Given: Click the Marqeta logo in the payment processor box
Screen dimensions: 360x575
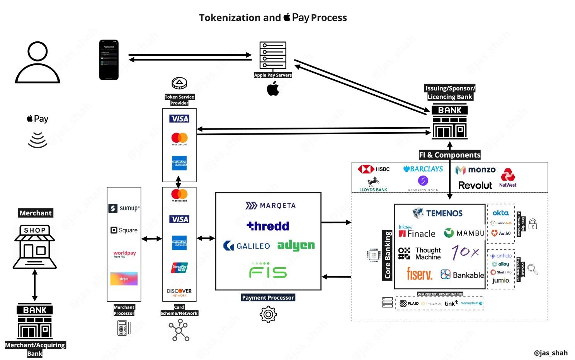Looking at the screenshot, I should [x=270, y=205].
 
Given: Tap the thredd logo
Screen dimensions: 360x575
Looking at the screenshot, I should [x=268, y=226].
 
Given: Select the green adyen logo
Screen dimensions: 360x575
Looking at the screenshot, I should [x=296, y=245].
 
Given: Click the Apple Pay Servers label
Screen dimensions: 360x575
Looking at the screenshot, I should [x=273, y=75].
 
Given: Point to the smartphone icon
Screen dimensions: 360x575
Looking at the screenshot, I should [x=109, y=60].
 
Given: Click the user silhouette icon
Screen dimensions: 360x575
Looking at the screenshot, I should [x=37, y=63].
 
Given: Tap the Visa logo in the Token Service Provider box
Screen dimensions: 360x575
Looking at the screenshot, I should [x=179, y=119].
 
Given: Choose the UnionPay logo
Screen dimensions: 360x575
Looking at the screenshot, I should [x=179, y=268].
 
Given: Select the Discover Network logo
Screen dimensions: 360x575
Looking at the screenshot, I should [x=179, y=292].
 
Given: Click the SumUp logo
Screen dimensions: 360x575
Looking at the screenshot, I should [x=124, y=208].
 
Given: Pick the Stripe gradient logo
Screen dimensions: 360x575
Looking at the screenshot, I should [x=124, y=278].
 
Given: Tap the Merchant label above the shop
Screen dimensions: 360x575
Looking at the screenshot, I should [x=36, y=213].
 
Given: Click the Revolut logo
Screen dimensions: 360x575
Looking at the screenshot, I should [x=475, y=185].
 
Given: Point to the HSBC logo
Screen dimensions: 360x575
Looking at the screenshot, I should [x=374, y=169].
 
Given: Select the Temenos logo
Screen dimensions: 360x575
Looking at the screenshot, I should [x=437, y=213].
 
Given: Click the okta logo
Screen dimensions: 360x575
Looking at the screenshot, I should [x=500, y=213].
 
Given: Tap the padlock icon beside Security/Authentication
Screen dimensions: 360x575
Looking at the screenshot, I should [x=532, y=224].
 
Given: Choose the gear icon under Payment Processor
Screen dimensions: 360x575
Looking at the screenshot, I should [x=268, y=314].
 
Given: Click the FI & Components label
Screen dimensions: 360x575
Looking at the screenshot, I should [x=450, y=155].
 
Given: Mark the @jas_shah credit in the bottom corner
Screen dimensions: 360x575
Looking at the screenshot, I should [x=551, y=353].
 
